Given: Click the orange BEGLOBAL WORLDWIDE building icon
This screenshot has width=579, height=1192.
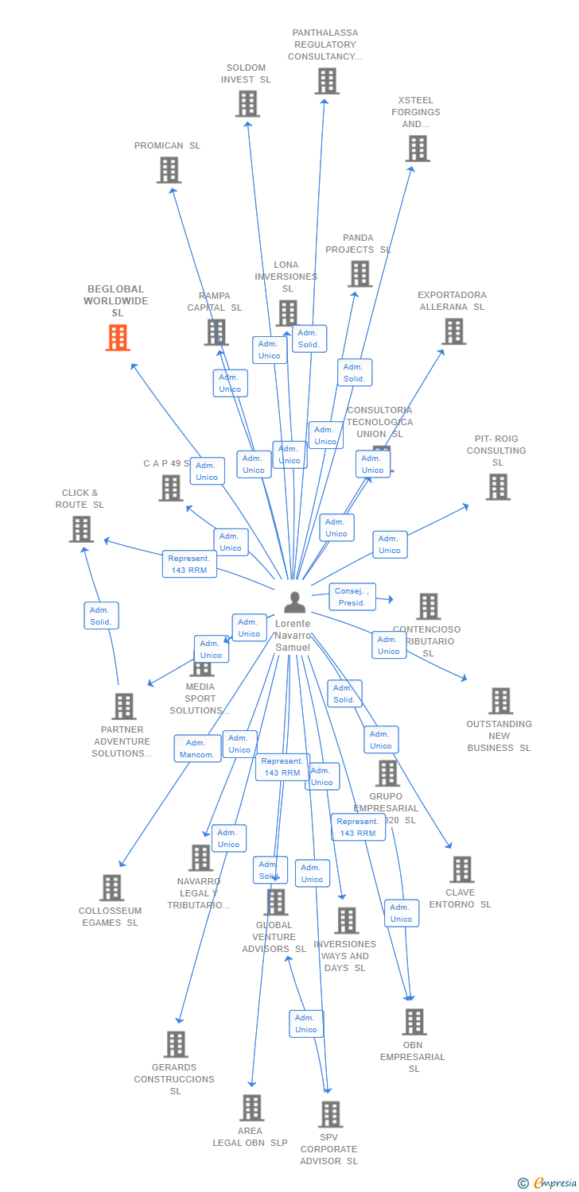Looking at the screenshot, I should click(x=118, y=337).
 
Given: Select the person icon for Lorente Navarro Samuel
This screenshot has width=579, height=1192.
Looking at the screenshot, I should click(x=295, y=602).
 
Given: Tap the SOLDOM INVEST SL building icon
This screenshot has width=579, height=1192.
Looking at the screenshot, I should click(x=247, y=103).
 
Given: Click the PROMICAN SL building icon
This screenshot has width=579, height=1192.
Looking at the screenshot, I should click(x=169, y=170).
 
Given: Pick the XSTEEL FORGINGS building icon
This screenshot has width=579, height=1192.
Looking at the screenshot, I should click(x=418, y=148).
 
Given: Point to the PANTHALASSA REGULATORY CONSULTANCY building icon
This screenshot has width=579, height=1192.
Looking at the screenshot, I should click(x=327, y=81).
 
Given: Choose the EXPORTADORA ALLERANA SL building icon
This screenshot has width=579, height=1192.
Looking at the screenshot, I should click(x=453, y=331).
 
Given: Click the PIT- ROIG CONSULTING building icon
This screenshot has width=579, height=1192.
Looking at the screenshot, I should click(x=498, y=486).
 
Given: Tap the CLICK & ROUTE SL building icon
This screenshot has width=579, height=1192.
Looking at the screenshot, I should click(x=81, y=529).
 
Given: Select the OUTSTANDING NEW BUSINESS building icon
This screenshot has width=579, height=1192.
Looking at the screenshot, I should click(x=500, y=701).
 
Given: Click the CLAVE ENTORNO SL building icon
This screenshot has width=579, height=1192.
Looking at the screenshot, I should click(x=462, y=869).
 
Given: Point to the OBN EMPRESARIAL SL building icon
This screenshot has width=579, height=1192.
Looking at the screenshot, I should click(x=414, y=1022).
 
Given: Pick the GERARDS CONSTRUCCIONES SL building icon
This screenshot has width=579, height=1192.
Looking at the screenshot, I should click(x=176, y=1044).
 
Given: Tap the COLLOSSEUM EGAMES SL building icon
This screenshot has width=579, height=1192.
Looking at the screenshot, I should click(x=111, y=888).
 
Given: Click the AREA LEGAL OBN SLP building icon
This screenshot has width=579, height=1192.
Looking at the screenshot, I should click(x=251, y=1108).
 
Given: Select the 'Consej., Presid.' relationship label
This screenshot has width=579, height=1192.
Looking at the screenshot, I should click(x=352, y=597).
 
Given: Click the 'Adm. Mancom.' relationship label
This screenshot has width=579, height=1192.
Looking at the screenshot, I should click(x=197, y=749).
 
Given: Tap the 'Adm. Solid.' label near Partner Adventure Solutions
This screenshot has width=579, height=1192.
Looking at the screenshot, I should click(x=101, y=616).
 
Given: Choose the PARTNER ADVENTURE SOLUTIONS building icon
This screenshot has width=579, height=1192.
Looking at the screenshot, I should click(x=123, y=706).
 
